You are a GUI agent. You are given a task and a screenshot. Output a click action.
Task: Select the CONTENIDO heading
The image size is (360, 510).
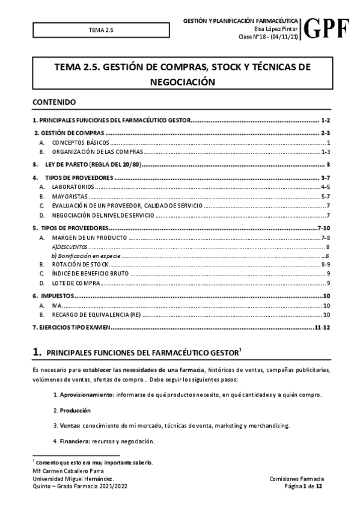[x=54, y=102]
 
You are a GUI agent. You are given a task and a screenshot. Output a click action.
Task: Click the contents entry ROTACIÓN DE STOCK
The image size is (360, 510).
[x=80, y=265]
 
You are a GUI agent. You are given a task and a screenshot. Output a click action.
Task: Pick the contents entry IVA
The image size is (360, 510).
[x=56, y=305]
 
